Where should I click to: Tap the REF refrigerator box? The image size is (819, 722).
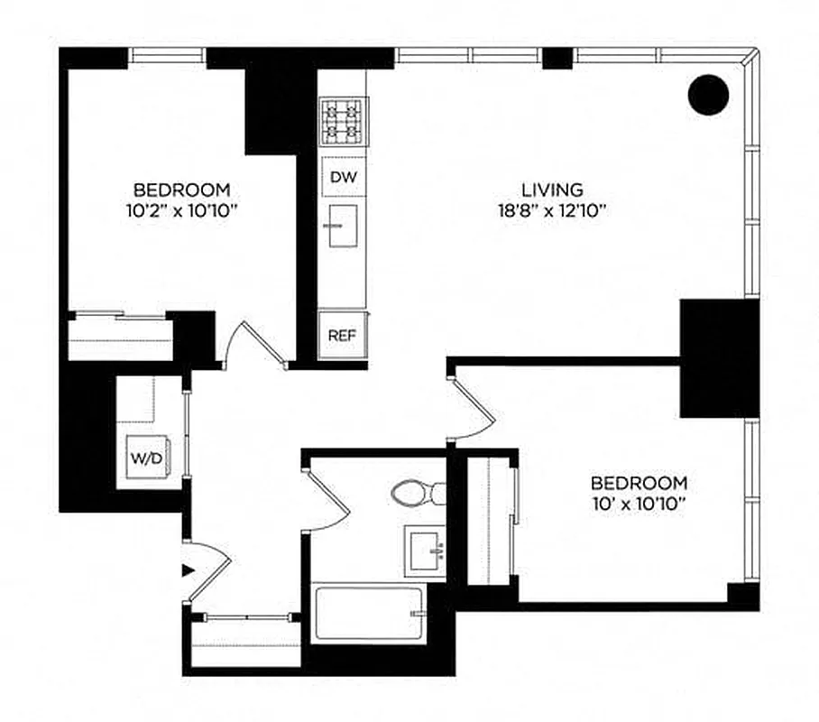point(342,335)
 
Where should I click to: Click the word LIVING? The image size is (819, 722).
point(552,190)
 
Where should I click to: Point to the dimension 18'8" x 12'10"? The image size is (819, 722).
point(552,212)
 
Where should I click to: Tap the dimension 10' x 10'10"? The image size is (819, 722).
point(639,504)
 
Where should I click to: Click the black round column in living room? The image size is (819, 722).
point(708,95)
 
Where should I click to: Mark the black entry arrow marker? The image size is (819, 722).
point(188,569)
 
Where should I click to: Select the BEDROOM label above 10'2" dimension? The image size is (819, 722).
point(181,190)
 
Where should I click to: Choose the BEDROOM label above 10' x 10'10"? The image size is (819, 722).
point(639,483)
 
